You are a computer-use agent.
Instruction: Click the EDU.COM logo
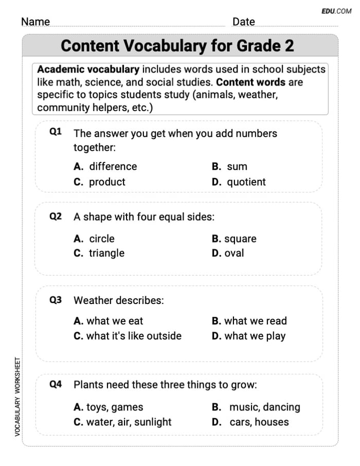(x=336, y=11)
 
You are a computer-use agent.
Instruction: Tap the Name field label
(x=35, y=22)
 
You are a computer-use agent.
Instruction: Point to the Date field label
(x=243, y=22)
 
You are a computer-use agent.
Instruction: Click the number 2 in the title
(x=289, y=46)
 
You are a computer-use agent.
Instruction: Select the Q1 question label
(x=56, y=132)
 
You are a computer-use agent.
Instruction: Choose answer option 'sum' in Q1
(x=237, y=167)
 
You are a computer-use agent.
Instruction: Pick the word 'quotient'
(x=246, y=182)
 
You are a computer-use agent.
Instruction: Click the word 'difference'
(x=113, y=167)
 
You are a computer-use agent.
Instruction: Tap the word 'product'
(x=107, y=182)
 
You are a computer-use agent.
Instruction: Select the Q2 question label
(x=56, y=217)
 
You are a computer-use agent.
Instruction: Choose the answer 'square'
(x=240, y=239)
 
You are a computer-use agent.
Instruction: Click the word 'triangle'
(x=106, y=253)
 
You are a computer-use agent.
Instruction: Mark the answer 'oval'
(x=234, y=253)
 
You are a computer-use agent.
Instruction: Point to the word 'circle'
(x=102, y=239)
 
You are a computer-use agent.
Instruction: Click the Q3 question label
(x=56, y=300)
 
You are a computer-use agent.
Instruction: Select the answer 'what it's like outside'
(x=134, y=336)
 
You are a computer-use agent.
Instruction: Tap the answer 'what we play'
(x=255, y=336)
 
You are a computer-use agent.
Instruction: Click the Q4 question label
(x=56, y=384)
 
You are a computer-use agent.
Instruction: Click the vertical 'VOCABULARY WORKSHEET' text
(x=17, y=397)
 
